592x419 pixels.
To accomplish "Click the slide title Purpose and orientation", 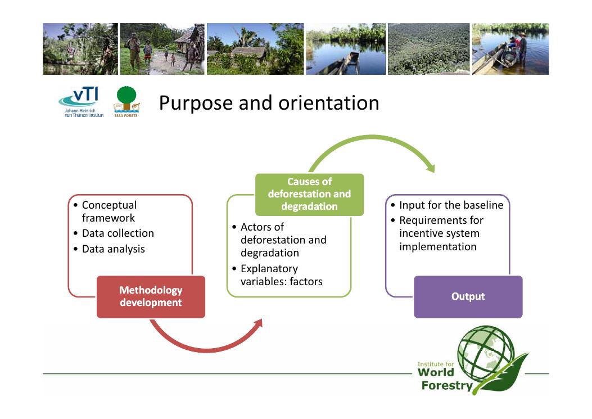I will (x=269, y=103).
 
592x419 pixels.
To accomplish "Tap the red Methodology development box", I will (x=151, y=296).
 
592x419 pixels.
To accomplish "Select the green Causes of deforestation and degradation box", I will (x=309, y=194).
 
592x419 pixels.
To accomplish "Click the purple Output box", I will (x=468, y=296).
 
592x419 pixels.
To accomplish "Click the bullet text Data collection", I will (x=118, y=233).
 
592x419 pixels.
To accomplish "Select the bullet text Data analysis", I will (x=113, y=249).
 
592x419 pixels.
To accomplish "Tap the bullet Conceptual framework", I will (x=109, y=211).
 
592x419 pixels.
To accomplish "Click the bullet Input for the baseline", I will (x=451, y=205).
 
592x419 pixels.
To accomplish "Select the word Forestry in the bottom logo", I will (x=446, y=385).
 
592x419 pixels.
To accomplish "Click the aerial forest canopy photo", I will (x=428, y=49).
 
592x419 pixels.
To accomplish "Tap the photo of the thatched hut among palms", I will (x=255, y=49).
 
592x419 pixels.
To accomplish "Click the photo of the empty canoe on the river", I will (x=345, y=49).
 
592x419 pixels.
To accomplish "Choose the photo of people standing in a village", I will (x=162, y=49).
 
